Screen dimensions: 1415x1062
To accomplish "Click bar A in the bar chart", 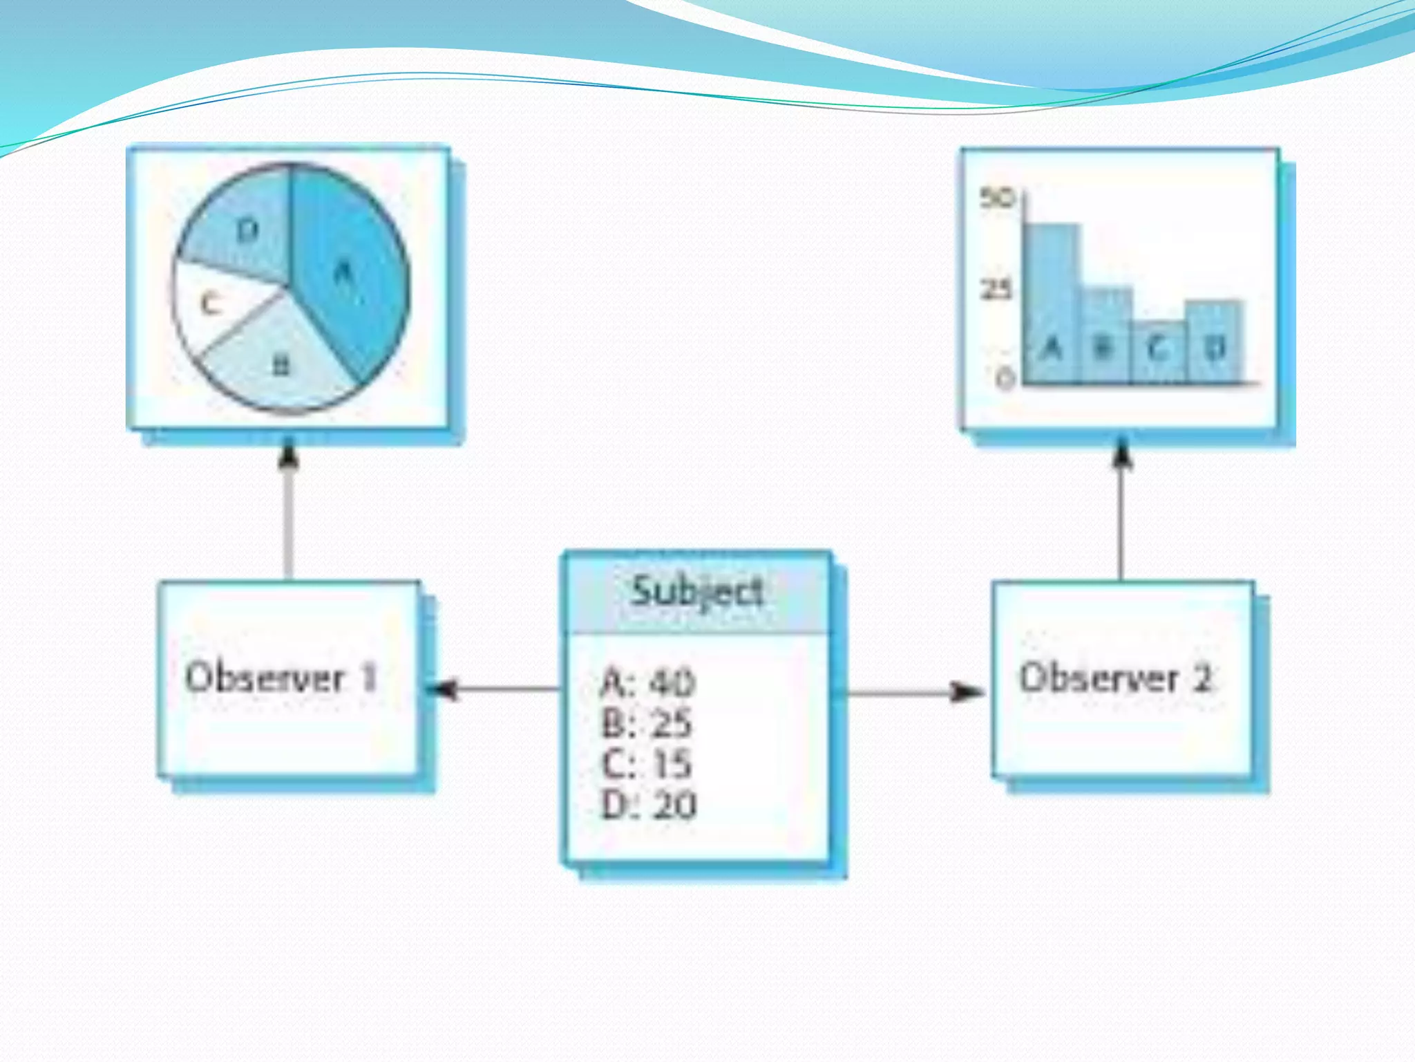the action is click(1051, 304).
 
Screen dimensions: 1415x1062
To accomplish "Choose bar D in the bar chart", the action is click(1214, 342).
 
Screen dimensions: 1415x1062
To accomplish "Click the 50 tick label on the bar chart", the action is click(996, 198).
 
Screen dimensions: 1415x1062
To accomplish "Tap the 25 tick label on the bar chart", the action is click(996, 289).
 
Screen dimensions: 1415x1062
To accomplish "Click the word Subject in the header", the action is click(698, 593).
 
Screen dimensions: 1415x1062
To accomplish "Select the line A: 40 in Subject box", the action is click(648, 683).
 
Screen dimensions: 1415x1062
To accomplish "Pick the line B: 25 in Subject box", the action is click(647, 724).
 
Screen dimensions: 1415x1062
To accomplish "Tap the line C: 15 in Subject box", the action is click(647, 764).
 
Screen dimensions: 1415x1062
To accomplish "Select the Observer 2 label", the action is click(1117, 678).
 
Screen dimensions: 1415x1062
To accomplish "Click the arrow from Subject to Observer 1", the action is click(497, 689).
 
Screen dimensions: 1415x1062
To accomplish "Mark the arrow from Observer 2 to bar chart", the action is click(1121, 512).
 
